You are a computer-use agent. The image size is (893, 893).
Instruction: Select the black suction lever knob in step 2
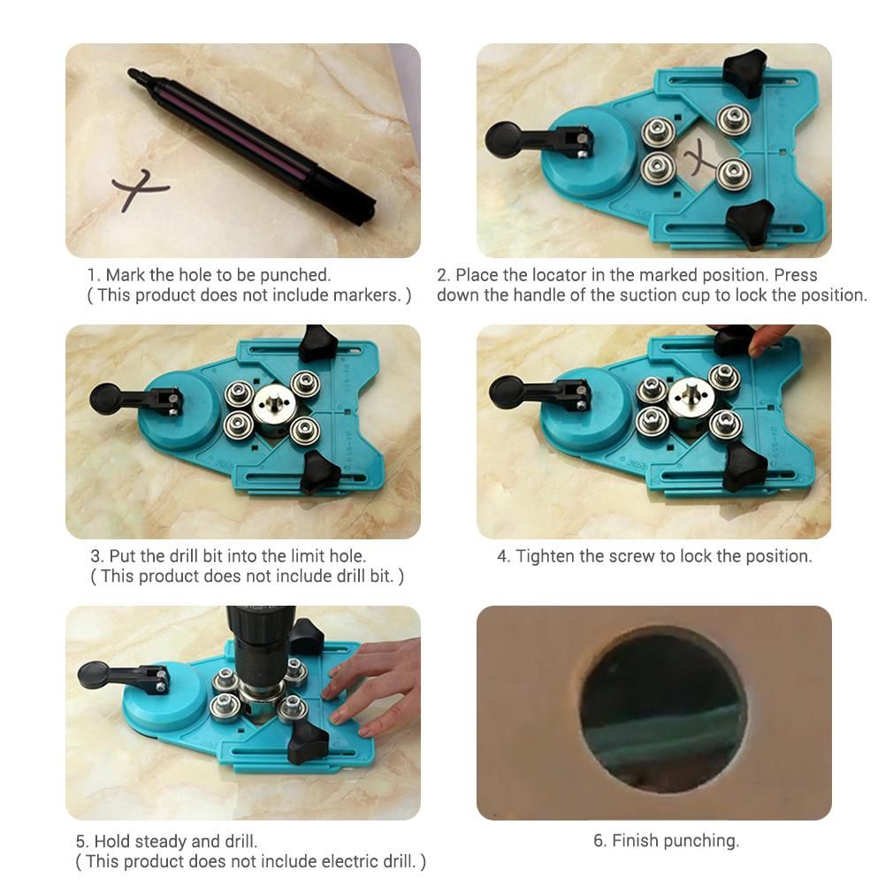[503, 140]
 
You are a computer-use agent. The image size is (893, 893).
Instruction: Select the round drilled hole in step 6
[663, 711]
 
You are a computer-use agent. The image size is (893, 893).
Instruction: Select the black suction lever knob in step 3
[106, 399]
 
